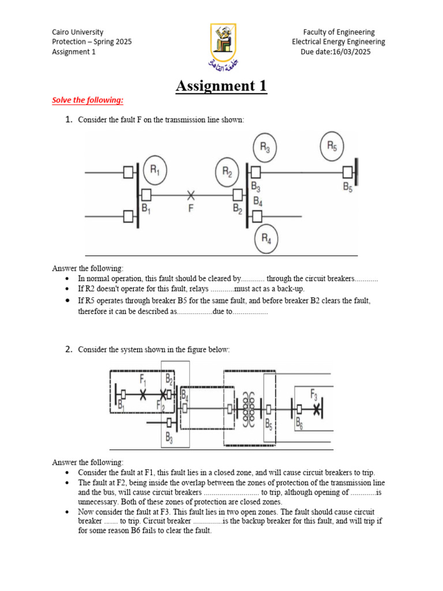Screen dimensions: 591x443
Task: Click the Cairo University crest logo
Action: click(x=221, y=44)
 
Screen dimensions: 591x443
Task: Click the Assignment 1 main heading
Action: click(x=221, y=87)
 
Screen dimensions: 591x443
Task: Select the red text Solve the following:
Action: click(x=88, y=100)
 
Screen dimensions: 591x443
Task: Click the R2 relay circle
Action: click(x=227, y=171)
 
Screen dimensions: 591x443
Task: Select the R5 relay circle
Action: click(x=332, y=146)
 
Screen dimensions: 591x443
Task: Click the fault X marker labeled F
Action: click(x=190, y=195)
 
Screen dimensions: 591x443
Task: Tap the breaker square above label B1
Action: click(x=147, y=194)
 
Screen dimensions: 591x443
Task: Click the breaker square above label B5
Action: click(x=347, y=171)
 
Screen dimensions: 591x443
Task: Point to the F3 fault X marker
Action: click(x=317, y=409)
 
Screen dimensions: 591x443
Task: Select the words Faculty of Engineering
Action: click(x=339, y=32)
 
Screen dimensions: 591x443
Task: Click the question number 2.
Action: click(x=68, y=349)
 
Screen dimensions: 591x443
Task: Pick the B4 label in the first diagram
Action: click(x=258, y=201)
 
